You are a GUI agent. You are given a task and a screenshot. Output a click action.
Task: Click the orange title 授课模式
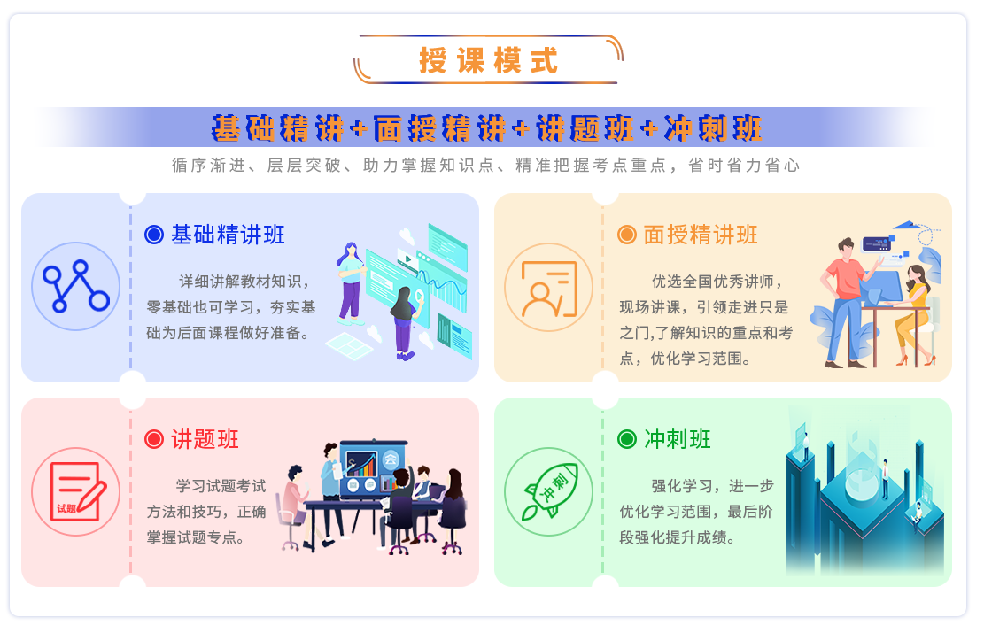[x=488, y=61]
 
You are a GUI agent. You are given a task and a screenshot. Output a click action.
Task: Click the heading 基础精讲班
[x=228, y=235]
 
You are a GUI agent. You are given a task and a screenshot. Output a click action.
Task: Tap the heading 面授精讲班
[x=701, y=235]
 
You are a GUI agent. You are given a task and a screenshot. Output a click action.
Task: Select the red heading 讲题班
[x=205, y=439]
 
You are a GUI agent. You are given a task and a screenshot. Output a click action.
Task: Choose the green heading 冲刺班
[x=678, y=439]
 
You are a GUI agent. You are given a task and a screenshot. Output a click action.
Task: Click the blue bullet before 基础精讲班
[x=154, y=235]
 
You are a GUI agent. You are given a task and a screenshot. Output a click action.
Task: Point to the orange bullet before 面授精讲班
[x=627, y=235]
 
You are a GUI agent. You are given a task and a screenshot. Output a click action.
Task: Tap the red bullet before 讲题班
[x=154, y=439]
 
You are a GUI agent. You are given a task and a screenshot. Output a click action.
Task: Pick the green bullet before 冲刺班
[x=627, y=439]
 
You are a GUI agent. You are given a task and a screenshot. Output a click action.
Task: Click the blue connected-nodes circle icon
[x=76, y=287]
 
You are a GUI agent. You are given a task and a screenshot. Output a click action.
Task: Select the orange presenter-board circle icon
[x=549, y=288]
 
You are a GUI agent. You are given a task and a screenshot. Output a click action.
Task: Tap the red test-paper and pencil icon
[x=76, y=492]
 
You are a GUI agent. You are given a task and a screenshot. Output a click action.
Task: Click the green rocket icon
[x=549, y=492]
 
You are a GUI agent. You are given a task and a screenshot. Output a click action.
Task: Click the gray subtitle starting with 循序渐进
[x=486, y=165]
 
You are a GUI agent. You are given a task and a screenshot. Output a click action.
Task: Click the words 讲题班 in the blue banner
[x=585, y=128]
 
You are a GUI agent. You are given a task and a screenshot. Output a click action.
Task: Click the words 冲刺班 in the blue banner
[x=713, y=128]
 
